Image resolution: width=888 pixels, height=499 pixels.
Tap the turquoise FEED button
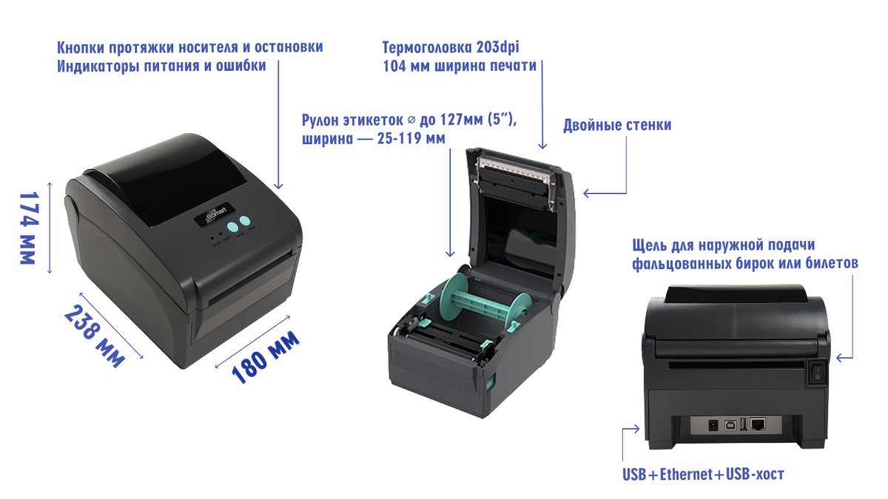click(245, 221)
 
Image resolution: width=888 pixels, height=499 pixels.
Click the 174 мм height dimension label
click(29, 228)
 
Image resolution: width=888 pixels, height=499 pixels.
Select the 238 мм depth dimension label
click(95, 336)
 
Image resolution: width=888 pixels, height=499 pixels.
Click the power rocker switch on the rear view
click(817, 372)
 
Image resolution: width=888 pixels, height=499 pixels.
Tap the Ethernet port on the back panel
click(758, 425)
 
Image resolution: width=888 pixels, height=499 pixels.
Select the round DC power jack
click(713, 426)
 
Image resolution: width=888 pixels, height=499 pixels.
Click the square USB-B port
click(730, 425)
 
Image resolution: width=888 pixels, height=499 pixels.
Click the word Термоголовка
click(428, 47)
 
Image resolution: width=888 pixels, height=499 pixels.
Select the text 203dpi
click(498, 47)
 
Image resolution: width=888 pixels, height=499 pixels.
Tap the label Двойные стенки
click(617, 125)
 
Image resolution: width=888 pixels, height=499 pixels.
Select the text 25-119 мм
click(411, 139)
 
